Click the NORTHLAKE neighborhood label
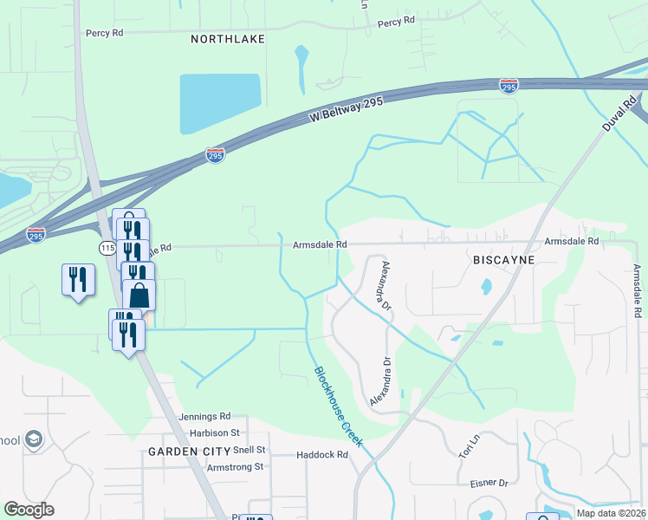(x=227, y=39)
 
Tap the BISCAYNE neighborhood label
(x=504, y=259)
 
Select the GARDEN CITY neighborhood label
(x=187, y=452)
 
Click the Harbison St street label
(x=211, y=432)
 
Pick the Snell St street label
(x=250, y=451)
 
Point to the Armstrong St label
(x=234, y=466)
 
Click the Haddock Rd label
(x=321, y=454)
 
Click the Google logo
(x=29, y=510)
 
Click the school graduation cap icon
(x=34, y=439)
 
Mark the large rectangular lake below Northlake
(x=220, y=103)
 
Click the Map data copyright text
(x=610, y=513)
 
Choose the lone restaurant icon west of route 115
(x=78, y=279)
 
